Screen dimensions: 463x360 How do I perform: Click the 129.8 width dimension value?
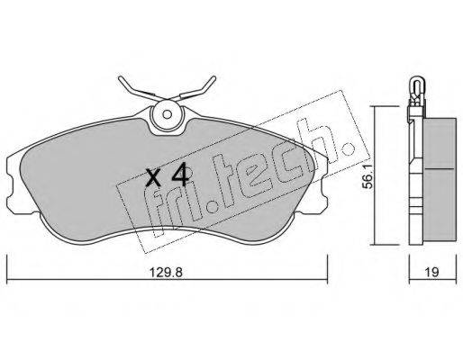[x=166, y=273]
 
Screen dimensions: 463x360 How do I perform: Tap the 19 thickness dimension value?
[x=431, y=273]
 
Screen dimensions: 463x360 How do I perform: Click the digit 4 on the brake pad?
[x=180, y=175]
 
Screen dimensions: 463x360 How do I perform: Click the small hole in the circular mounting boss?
[x=167, y=114]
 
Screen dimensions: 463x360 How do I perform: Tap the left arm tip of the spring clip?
[x=120, y=78]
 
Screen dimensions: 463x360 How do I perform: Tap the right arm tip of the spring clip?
[x=213, y=77]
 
